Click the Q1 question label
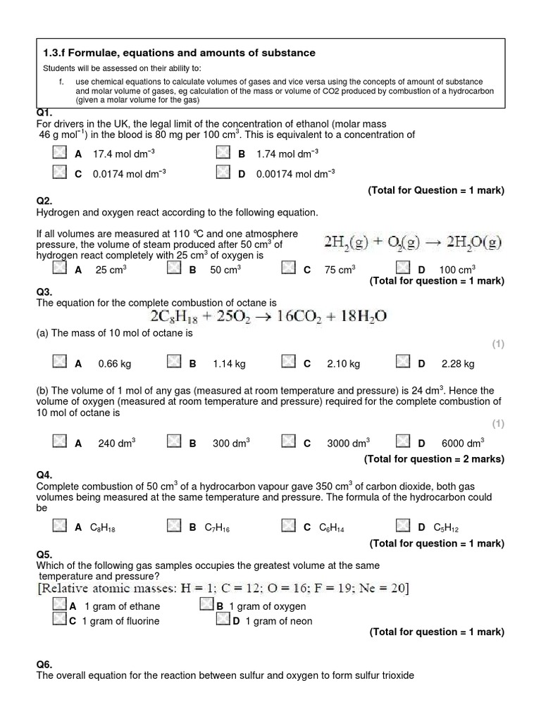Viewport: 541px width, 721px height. [44, 113]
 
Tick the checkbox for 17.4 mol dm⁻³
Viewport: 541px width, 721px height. [60, 153]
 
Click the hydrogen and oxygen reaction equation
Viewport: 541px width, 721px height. [413, 243]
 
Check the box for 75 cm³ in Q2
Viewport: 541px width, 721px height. [289, 268]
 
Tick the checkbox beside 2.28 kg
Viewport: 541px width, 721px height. [403, 362]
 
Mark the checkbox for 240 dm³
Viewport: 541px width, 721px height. [60, 441]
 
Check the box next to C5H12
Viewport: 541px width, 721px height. [403, 526]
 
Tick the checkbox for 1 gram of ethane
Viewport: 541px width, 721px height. [60, 605]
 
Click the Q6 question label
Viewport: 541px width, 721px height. [44, 665]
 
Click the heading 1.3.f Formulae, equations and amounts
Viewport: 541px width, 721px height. [179, 53]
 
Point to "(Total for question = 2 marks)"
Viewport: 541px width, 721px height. [434, 459]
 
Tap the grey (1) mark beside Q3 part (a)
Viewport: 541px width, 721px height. [497, 344]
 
